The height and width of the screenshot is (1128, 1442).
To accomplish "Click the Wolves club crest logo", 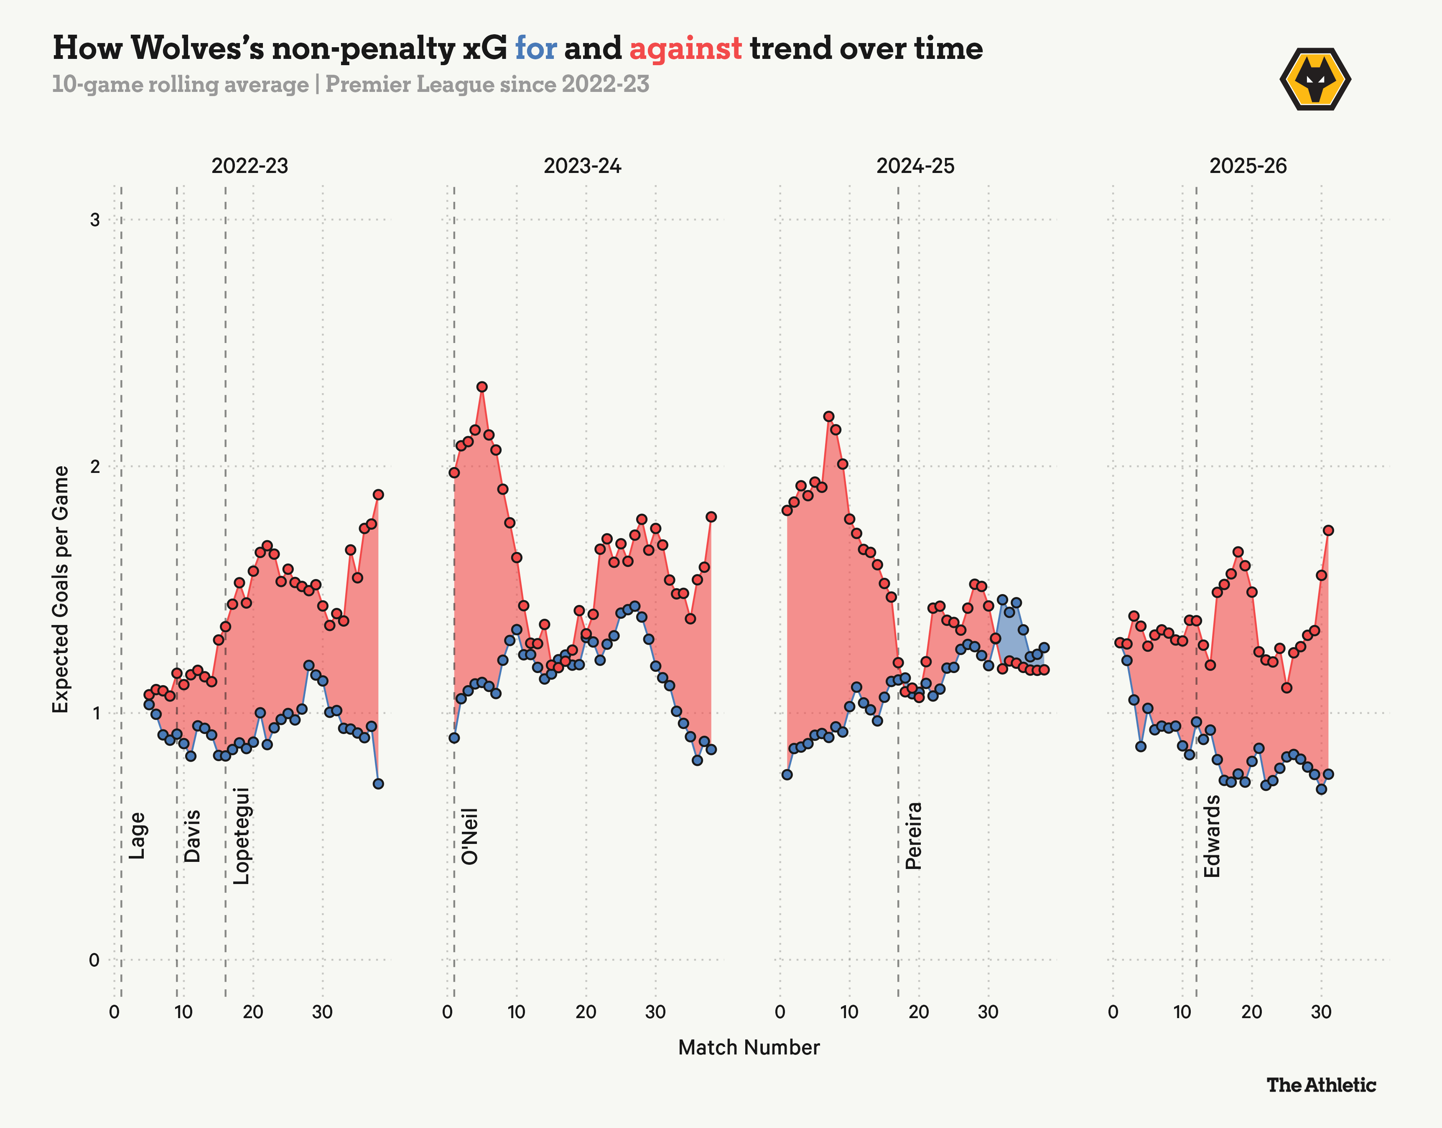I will pos(1315,79).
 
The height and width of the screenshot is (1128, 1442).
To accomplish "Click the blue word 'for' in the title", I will pos(536,48).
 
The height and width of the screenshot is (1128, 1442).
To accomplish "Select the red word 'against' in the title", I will pos(685,48).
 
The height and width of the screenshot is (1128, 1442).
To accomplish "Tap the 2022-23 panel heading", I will pos(250,166).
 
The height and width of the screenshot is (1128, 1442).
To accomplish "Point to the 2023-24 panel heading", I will pos(583,166).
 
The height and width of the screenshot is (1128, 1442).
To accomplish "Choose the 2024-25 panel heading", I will pos(915,166).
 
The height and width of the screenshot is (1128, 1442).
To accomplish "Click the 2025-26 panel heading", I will pos(1248,166).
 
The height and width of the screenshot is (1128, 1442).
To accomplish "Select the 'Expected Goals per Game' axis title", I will pos(61,589).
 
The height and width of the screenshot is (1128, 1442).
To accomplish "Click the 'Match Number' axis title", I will pos(749,1047).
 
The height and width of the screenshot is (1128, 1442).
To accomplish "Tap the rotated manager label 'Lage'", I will pos(137,836).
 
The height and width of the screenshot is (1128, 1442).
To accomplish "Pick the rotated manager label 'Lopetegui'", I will pos(242,836).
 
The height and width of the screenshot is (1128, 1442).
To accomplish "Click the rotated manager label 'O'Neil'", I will pos(469,836).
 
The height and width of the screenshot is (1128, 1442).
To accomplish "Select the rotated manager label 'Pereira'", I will pos(913,836).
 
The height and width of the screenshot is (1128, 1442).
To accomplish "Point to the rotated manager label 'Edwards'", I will pos(1211,836).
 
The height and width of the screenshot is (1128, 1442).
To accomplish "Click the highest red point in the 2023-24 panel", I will pos(482,387).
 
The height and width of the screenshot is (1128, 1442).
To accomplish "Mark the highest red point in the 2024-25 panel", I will pos(829,417).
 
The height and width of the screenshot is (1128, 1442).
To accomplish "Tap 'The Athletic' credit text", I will pos(1321,1085).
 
